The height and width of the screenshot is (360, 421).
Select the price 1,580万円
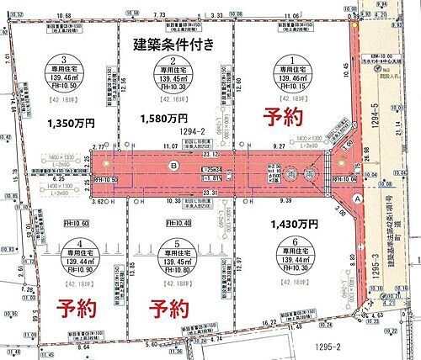tap(163, 119)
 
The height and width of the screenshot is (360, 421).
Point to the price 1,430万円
tap(296, 225)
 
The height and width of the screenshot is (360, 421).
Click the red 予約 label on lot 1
tap(282, 118)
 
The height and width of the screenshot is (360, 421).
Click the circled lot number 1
tap(291, 61)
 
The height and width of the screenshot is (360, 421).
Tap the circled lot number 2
tap(172, 61)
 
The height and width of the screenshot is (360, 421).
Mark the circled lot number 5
tap(172, 245)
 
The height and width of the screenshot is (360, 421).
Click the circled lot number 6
tap(291, 245)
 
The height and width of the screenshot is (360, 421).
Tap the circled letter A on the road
tap(359, 199)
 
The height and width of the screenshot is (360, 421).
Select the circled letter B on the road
tap(173, 167)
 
